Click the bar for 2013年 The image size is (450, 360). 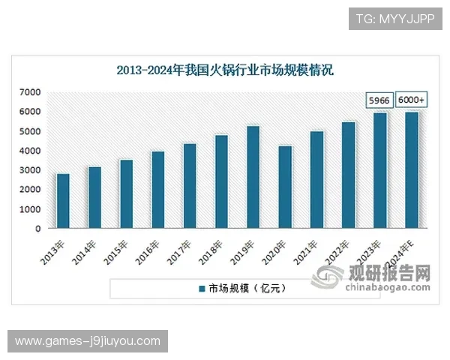point(63,201)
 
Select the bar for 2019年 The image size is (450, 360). point(253,177)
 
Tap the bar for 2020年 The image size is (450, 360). point(284,187)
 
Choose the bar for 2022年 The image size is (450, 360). point(348,175)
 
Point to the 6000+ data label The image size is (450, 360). point(411,100)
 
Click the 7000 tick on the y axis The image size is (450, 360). point(30,92)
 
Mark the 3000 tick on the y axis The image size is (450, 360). point(30,170)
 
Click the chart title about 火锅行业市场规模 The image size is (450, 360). point(224,71)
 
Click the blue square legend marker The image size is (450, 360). point(201,288)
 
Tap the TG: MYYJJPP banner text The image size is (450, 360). point(394,18)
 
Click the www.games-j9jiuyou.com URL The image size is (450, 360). point(88,341)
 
